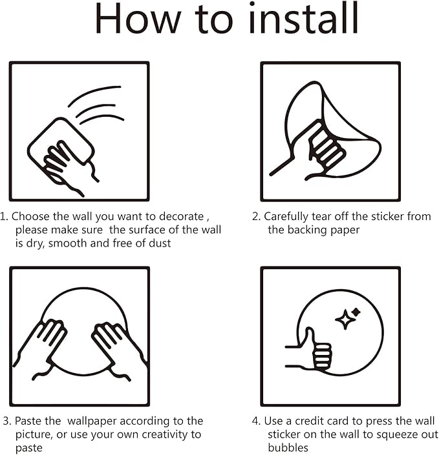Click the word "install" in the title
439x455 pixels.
pyautogui.click(x=304, y=18)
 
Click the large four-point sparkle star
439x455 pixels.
pyautogui.click(x=345, y=319)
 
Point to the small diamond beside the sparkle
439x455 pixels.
pyautogui.click(x=356, y=312)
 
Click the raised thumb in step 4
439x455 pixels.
pyautogui.click(x=310, y=338)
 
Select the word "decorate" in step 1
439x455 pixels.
pyautogui.click(x=182, y=216)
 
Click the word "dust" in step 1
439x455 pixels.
pyautogui.click(x=160, y=243)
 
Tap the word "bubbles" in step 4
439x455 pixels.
pyautogui.click(x=288, y=448)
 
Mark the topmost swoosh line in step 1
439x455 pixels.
pyautogui.click(x=94, y=94)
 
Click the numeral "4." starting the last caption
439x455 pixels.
pyautogui.click(x=256, y=421)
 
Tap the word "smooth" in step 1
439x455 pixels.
pyautogui.click(x=68, y=243)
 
